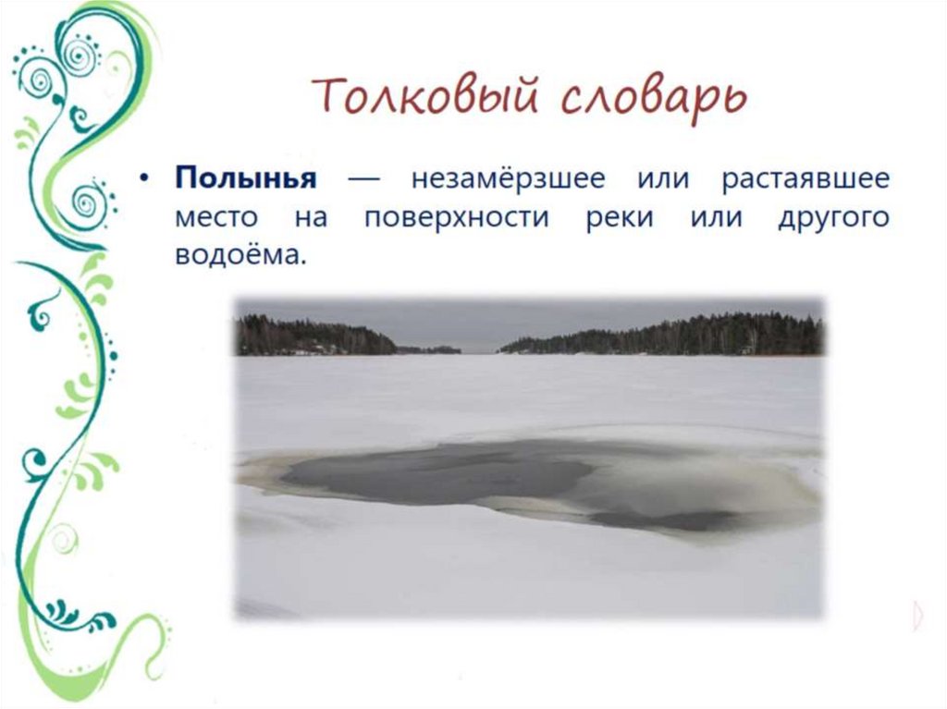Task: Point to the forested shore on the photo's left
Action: pos(314,336)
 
